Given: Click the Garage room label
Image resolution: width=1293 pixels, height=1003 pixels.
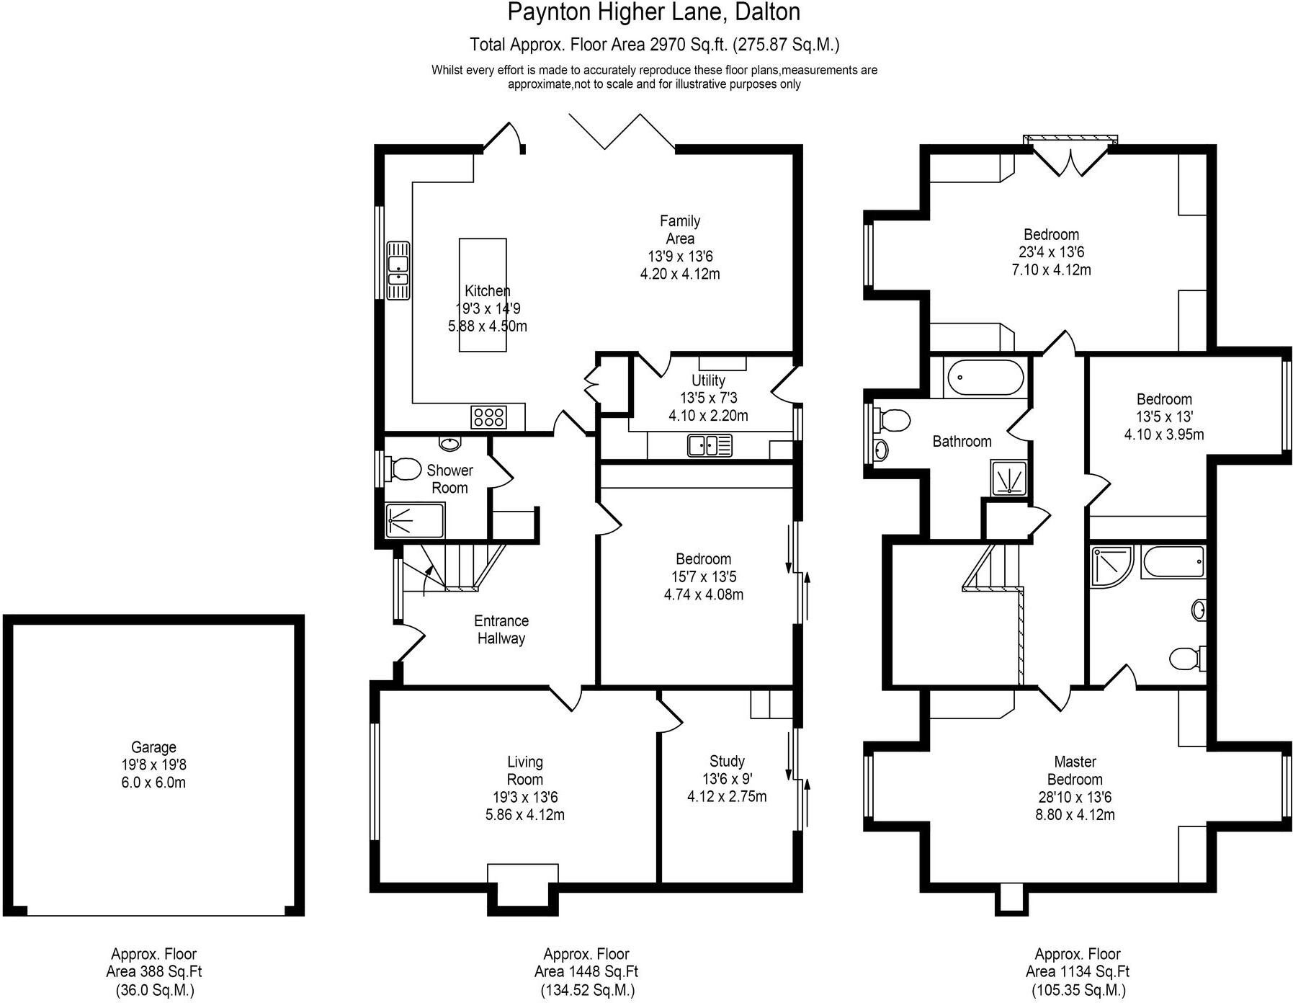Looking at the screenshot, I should point(153,748).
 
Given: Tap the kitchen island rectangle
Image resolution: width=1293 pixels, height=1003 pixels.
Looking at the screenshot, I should point(483,295).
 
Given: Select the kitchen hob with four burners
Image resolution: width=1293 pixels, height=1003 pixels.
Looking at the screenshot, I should point(488,417).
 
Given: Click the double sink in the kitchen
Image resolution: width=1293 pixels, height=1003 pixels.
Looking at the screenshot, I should point(398,270).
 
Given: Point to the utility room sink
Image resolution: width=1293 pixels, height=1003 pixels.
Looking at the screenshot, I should point(710,445).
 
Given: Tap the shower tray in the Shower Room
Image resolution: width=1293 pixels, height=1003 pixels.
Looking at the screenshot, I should point(414,520).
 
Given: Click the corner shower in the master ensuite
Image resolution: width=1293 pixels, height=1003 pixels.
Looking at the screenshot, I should point(1111,566).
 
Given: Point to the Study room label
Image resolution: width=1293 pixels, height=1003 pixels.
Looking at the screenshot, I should point(727,762).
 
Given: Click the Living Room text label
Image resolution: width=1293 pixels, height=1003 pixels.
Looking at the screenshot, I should point(524,770).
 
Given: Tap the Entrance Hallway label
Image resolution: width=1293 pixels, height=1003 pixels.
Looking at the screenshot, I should point(501,629).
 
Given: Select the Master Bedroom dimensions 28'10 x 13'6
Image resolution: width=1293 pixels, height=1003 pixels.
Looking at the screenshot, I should point(1075,797).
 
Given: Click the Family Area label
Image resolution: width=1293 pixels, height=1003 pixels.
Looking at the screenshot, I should point(679,229).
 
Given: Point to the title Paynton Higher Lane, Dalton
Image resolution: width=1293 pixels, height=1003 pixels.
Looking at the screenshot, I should point(653,12).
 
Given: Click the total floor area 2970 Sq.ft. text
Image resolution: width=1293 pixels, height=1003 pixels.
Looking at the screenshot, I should point(654,45).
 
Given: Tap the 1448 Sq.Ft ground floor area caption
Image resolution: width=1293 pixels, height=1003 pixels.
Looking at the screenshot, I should point(586,971).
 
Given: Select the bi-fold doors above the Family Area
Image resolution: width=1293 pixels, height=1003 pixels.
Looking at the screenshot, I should point(622,132).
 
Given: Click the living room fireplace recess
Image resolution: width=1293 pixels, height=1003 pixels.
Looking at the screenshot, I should point(522,886).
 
